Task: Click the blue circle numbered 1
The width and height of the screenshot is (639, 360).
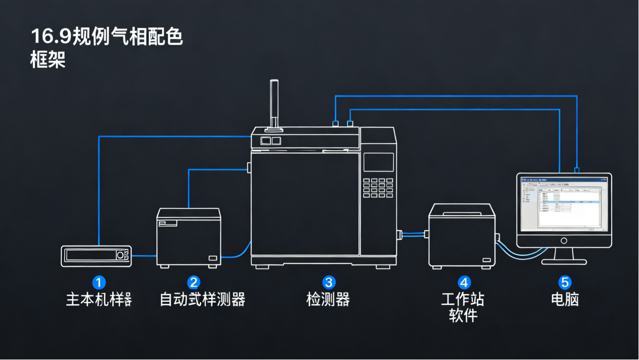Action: point(99,282)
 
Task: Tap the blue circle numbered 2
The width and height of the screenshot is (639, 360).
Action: point(193,282)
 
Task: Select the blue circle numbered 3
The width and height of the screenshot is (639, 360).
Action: point(329,282)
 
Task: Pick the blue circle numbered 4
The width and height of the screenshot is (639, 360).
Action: point(464,282)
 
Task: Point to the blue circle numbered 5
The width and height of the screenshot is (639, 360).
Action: point(565,282)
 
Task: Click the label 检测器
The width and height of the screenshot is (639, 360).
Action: point(328,299)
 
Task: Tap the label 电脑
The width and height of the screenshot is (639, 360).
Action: point(565,299)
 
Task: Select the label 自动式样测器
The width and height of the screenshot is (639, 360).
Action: point(202,299)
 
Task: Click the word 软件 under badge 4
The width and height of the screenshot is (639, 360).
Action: point(463,316)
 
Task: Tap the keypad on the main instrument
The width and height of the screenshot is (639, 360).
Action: point(378,187)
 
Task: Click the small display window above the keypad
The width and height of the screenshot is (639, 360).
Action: point(378,162)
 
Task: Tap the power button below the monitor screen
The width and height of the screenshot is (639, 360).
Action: point(564,241)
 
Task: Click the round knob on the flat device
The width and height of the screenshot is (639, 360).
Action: point(120,256)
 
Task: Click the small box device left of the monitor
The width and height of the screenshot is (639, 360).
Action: point(462,237)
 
